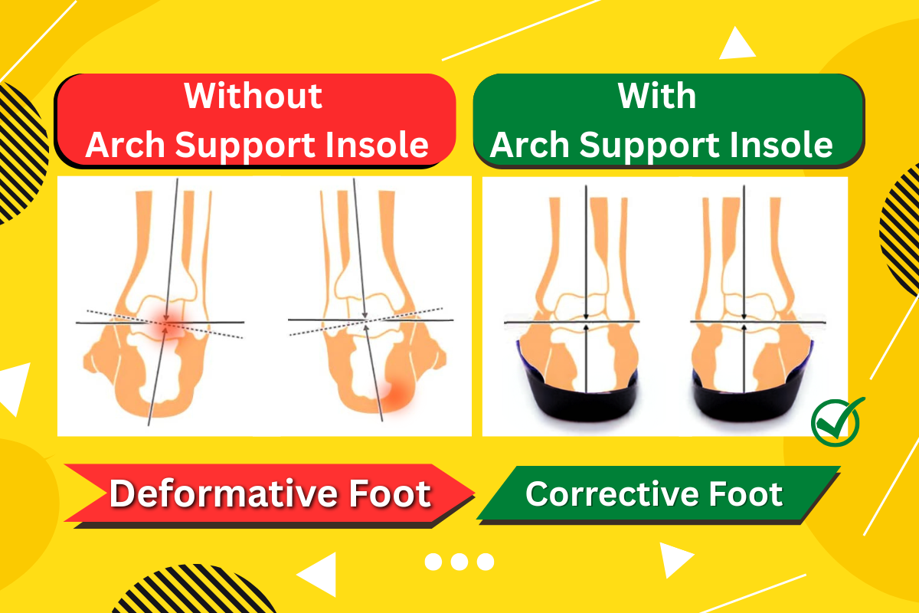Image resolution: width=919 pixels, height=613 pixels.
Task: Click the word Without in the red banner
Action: (x=253, y=96)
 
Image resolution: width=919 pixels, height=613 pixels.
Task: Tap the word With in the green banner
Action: (x=657, y=96)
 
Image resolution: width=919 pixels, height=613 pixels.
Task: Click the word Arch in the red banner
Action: (x=125, y=145)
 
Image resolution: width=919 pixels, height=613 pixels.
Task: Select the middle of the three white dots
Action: (x=459, y=562)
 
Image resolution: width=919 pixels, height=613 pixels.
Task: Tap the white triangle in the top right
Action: (x=737, y=44)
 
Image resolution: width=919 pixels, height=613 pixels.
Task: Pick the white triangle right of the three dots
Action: (x=674, y=559)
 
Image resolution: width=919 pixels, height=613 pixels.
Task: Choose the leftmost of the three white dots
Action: (x=433, y=562)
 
